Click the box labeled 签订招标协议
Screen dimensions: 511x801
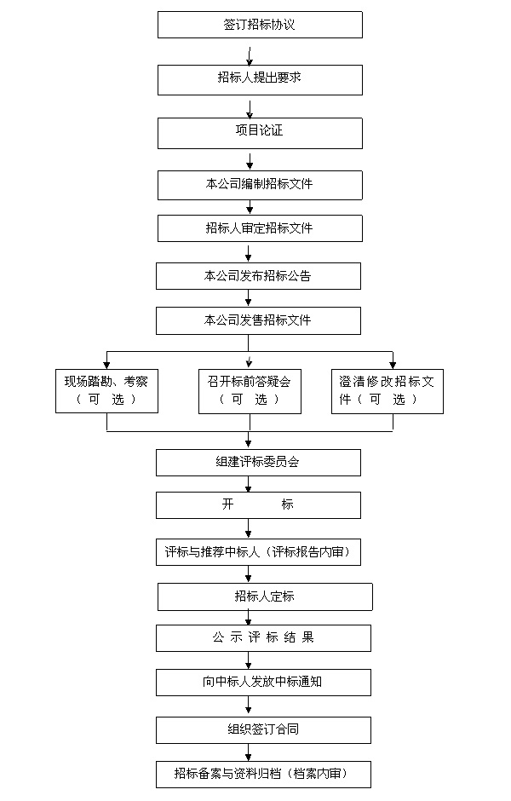(x=260, y=25)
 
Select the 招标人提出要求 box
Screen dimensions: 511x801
(x=260, y=80)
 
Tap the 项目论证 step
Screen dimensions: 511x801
(x=260, y=133)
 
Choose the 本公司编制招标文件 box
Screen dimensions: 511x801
(x=260, y=185)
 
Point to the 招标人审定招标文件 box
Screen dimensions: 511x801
(x=260, y=228)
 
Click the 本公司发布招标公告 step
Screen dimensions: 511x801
(x=258, y=276)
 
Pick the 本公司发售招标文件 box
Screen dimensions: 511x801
(x=258, y=320)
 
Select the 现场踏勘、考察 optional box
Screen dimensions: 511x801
(x=106, y=391)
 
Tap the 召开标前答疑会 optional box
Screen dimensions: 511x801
(x=250, y=391)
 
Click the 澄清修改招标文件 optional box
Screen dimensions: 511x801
(x=388, y=391)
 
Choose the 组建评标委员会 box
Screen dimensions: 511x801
(x=258, y=463)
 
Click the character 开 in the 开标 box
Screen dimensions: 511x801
(x=227, y=504)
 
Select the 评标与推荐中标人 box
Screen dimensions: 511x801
(x=258, y=552)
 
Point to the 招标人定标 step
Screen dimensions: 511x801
(x=265, y=596)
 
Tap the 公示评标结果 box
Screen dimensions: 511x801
(x=263, y=638)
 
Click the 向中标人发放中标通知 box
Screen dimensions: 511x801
(x=263, y=682)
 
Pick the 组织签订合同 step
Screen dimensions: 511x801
(x=263, y=730)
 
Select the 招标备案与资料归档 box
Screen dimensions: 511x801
(x=263, y=775)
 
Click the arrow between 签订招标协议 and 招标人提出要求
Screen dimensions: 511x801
(x=250, y=56)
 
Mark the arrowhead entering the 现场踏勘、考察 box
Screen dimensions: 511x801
(x=106, y=365)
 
